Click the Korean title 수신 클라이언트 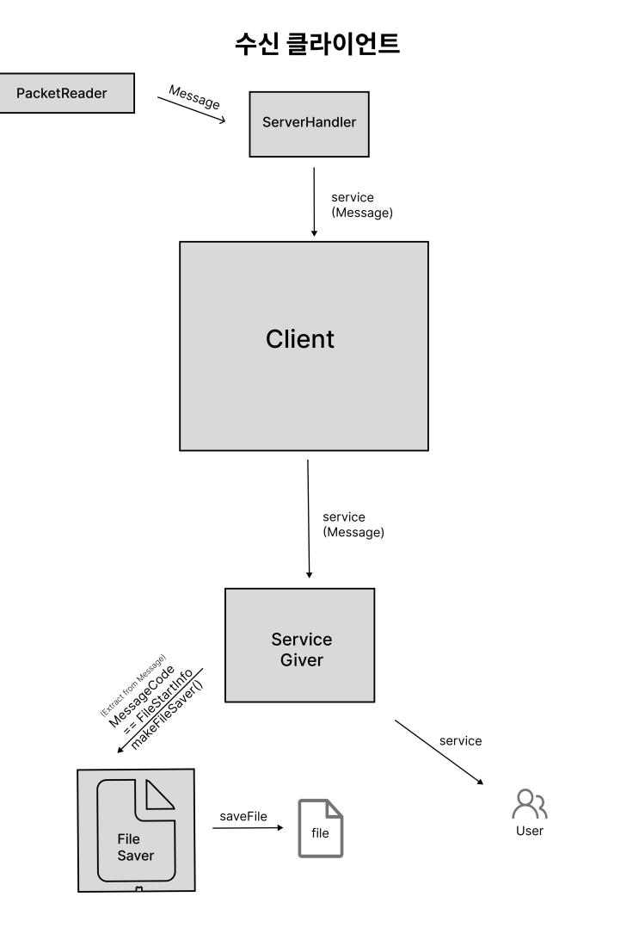coord(317,44)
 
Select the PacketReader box coord(66,93)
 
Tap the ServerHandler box coord(310,124)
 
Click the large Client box coord(304,346)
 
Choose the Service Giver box coord(300,645)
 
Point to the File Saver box coord(136,831)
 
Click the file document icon coord(321,828)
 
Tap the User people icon coord(530,804)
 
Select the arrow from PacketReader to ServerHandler coord(192,109)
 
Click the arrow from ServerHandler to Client coord(314,202)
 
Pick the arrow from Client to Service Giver coord(308,518)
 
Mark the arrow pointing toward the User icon coord(439,752)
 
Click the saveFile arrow coord(248,827)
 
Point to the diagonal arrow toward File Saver coord(160,711)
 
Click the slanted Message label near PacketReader coord(194,96)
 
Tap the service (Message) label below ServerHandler coord(362,205)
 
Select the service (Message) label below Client coord(353,525)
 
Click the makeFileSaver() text coord(167,714)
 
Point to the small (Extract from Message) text coord(132,684)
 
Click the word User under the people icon coord(530,831)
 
